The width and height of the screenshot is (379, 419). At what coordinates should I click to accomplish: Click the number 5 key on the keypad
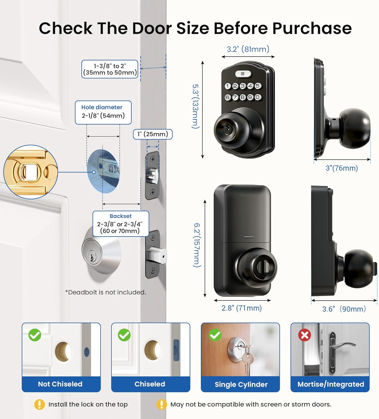(258, 86)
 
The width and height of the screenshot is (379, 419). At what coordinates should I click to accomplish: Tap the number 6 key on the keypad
(228, 97)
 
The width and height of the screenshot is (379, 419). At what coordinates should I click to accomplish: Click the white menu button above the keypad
(243, 74)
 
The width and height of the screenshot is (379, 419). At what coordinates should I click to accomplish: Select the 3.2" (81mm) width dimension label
(248, 49)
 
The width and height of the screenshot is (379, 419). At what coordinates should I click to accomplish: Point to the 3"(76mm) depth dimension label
(342, 168)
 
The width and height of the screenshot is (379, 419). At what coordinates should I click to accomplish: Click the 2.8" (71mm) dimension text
(242, 308)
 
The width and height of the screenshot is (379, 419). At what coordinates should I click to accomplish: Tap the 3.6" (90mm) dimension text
(344, 309)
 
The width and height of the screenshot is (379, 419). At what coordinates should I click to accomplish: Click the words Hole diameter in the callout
(102, 107)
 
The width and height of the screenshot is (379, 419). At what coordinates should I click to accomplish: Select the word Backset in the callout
(121, 216)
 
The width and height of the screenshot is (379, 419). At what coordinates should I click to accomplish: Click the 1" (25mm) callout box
(153, 134)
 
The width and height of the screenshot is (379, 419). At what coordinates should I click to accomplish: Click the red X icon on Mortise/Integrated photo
(305, 335)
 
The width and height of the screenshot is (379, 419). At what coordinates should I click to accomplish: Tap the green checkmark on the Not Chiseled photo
(35, 335)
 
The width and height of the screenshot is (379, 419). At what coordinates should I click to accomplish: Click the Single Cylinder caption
(241, 384)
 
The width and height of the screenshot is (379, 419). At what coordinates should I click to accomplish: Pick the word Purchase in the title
(312, 28)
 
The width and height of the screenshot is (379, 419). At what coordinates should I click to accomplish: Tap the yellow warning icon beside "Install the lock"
(39, 404)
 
